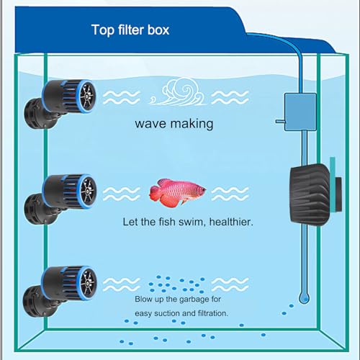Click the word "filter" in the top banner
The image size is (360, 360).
(130, 30)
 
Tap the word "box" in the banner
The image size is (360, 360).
(158, 30)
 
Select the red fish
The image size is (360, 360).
(177, 192)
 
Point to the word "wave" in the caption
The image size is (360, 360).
(150, 124)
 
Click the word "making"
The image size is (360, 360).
(192, 124)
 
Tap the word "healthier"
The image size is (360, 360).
(231, 222)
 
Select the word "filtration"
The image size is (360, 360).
(213, 313)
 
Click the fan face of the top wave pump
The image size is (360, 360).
(87, 96)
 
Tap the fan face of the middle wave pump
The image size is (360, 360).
(88, 192)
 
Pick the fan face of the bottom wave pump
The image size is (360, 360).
(88, 284)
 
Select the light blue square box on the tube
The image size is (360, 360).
(300, 112)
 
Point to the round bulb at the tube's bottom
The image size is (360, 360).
(304, 298)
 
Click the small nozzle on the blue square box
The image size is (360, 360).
(280, 122)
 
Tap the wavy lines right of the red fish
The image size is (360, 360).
(230, 194)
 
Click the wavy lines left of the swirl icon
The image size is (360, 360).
(122, 97)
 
